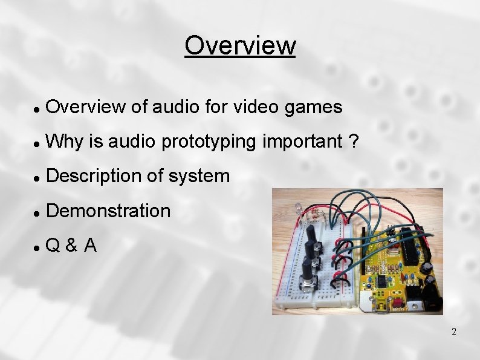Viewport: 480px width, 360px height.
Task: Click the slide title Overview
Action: coord(240,45)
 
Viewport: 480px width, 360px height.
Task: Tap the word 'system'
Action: coord(199,176)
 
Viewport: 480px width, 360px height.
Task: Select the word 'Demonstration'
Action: coord(108,211)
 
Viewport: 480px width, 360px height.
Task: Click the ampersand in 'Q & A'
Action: coord(71,245)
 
